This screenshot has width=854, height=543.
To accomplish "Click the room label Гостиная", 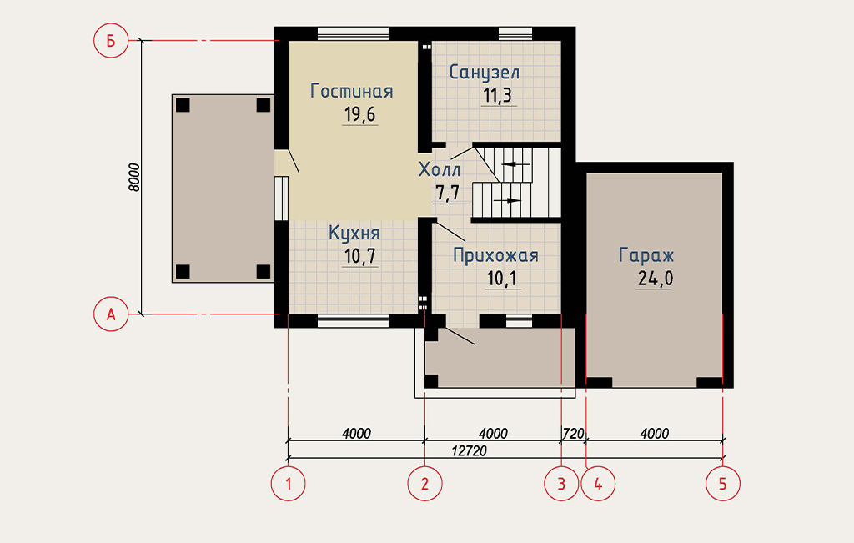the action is [x=351, y=91].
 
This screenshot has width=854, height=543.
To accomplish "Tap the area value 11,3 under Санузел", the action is [x=497, y=95].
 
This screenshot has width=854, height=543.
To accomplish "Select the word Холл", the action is [x=440, y=170].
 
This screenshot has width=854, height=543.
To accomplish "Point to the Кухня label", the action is [x=354, y=233].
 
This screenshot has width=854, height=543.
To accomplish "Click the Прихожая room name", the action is [x=495, y=255].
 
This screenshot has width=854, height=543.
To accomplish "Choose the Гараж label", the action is [x=646, y=255].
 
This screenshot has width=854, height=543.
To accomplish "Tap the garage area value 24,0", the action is [x=656, y=279].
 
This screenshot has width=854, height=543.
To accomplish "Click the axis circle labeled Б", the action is [x=111, y=40].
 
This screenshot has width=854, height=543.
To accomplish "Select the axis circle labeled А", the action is [x=111, y=314].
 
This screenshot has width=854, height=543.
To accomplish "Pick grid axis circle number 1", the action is [x=288, y=483].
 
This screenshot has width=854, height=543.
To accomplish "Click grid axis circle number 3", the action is [x=561, y=483].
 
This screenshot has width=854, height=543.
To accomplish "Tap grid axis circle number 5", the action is [x=723, y=483].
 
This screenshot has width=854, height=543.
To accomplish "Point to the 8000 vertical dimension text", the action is [x=134, y=177].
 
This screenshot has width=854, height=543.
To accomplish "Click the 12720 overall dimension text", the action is [x=469, y=451].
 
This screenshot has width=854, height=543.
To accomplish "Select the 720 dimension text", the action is [x=573, y=434].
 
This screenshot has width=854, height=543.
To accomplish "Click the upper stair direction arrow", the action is [x=515, y=164].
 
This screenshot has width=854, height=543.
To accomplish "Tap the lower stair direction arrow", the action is [x=507, y=200].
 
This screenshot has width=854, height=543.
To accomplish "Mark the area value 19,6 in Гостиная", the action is [x=360, y=114].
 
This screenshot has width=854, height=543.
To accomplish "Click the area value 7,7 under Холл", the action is [x=448, y=193].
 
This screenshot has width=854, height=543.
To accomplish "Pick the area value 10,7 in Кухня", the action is [x=360, y=255].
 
